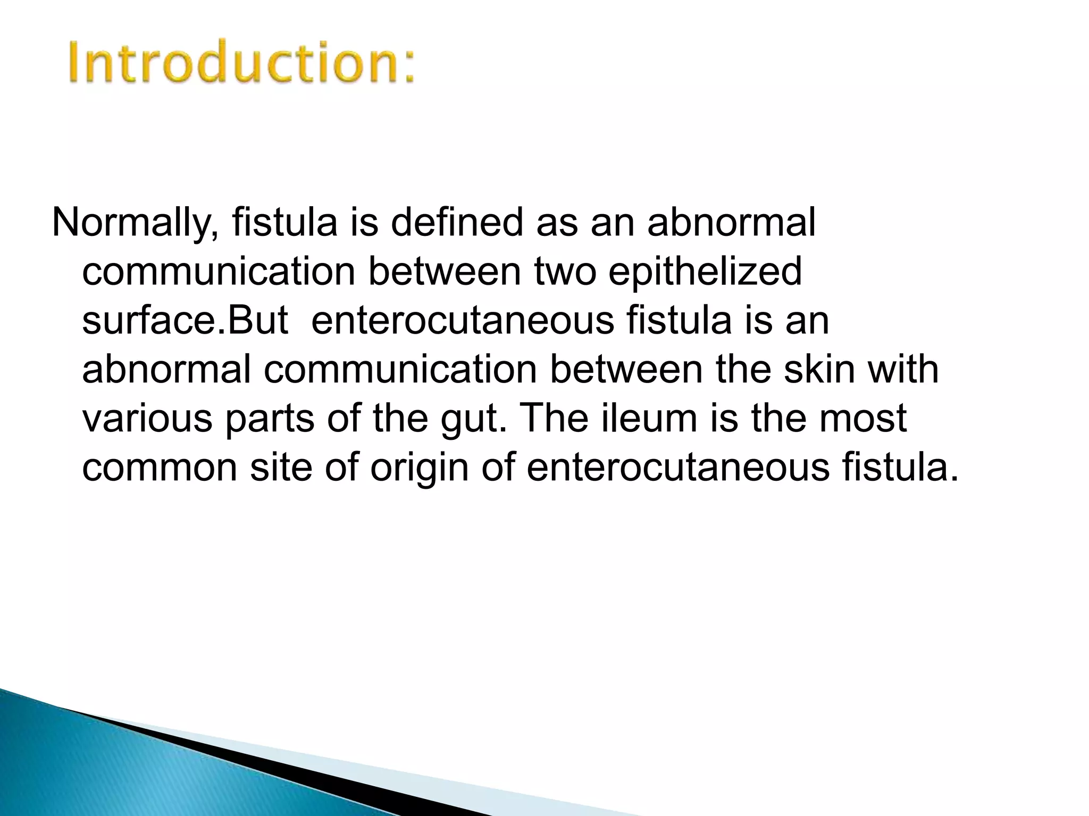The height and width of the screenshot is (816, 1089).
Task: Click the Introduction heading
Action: (242, 63)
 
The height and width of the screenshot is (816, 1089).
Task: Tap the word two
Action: (565, 272)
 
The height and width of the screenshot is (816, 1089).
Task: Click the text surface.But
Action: (185, 321)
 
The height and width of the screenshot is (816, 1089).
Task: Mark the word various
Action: (147, 419)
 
